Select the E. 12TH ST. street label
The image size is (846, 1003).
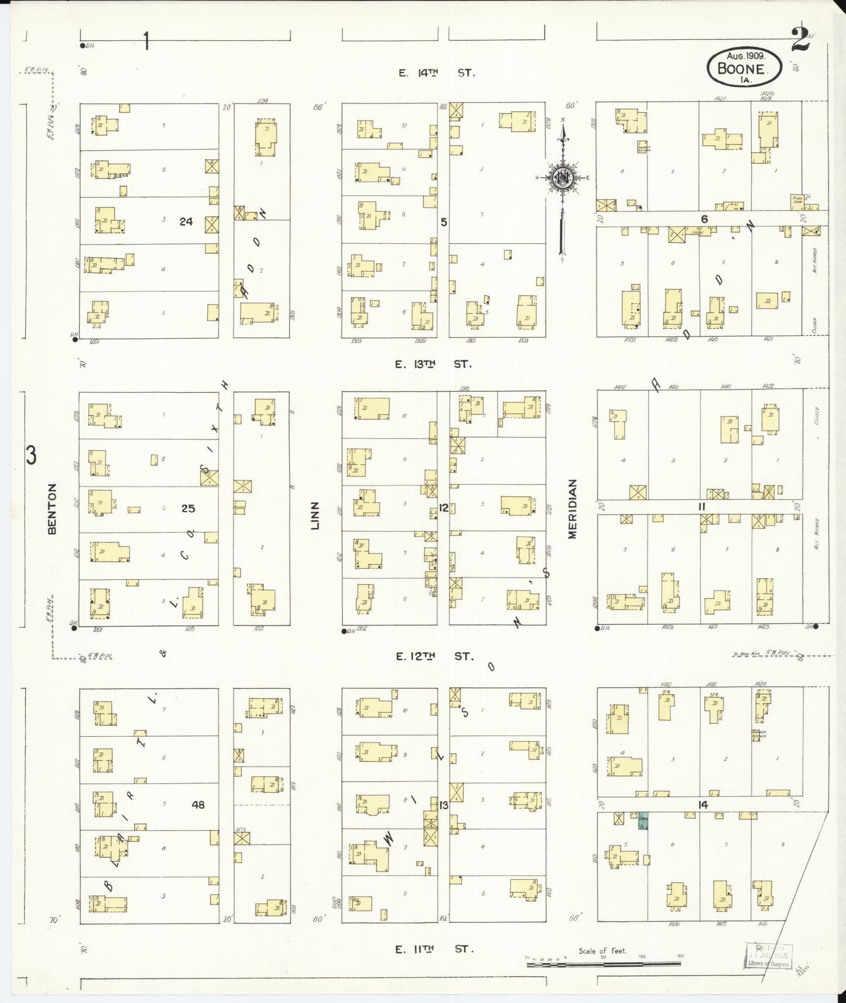click(x=434, y=657)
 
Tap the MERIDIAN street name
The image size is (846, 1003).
click(x=572, y=509)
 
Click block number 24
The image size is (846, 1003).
click(x=186, y=221)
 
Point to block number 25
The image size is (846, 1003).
click(x=187, y=508)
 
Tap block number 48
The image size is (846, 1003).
click(x=198, y=805)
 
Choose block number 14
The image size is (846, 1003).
click(x=703, y=805)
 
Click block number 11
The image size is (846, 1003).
click(x=701, y=507)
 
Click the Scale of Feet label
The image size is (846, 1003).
click(x=602, y=951)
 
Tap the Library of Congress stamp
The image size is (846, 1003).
click(x=769, y=955)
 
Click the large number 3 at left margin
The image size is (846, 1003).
click(x=31, y=455)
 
